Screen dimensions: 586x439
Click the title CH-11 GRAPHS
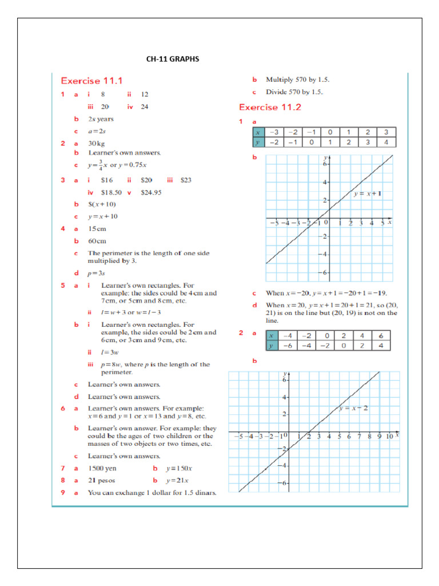(173, 58)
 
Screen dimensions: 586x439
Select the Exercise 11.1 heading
(91, 81)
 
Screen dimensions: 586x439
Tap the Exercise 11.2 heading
(270, 107)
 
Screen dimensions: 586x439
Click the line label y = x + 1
(367, 194)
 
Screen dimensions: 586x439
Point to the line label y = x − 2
(353, 408)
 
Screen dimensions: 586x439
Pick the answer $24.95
(151, 192)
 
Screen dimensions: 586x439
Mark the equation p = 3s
(97, 273)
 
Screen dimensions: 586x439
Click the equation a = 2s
(97, 131)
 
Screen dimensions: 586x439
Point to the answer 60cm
(97, 241)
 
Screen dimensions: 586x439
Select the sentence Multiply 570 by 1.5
(297, 80)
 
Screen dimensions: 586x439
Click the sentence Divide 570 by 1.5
(294, 92)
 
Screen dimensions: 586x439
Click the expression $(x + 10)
(102, 204)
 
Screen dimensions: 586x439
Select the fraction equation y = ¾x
(114, 166)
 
